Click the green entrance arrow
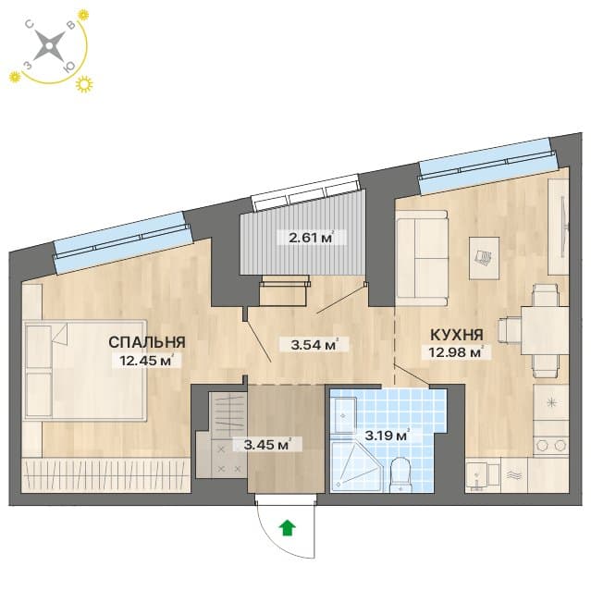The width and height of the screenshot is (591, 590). tap(288, 527)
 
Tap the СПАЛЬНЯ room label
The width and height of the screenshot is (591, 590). tap(147, 342)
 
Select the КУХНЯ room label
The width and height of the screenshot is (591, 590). tap(457, 335)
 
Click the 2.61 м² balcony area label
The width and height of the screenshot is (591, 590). tap(312, 238)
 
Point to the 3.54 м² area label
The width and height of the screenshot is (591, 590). tap(314, 345)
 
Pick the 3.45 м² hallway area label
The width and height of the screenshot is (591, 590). tap(267, 445)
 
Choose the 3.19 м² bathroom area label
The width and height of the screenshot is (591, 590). tap(387, 436)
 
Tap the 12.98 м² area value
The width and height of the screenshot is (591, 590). tap(457, 352)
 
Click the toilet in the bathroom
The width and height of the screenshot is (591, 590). tap(400, 475)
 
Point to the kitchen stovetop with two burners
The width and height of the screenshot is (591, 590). tap(551, 446)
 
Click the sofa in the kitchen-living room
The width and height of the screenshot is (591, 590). tap(422, 258)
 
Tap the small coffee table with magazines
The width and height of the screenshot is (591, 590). tap(484, 258)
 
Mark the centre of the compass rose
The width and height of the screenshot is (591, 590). tap(49, 45)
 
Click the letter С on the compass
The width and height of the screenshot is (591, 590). tap(30, 24)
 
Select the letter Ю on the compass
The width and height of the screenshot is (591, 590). tap(69, 68)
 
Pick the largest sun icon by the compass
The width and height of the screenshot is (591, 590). tap(84, 84)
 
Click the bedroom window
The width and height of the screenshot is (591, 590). tap(123, 241)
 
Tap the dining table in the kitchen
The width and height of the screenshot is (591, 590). tap(545, 331)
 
